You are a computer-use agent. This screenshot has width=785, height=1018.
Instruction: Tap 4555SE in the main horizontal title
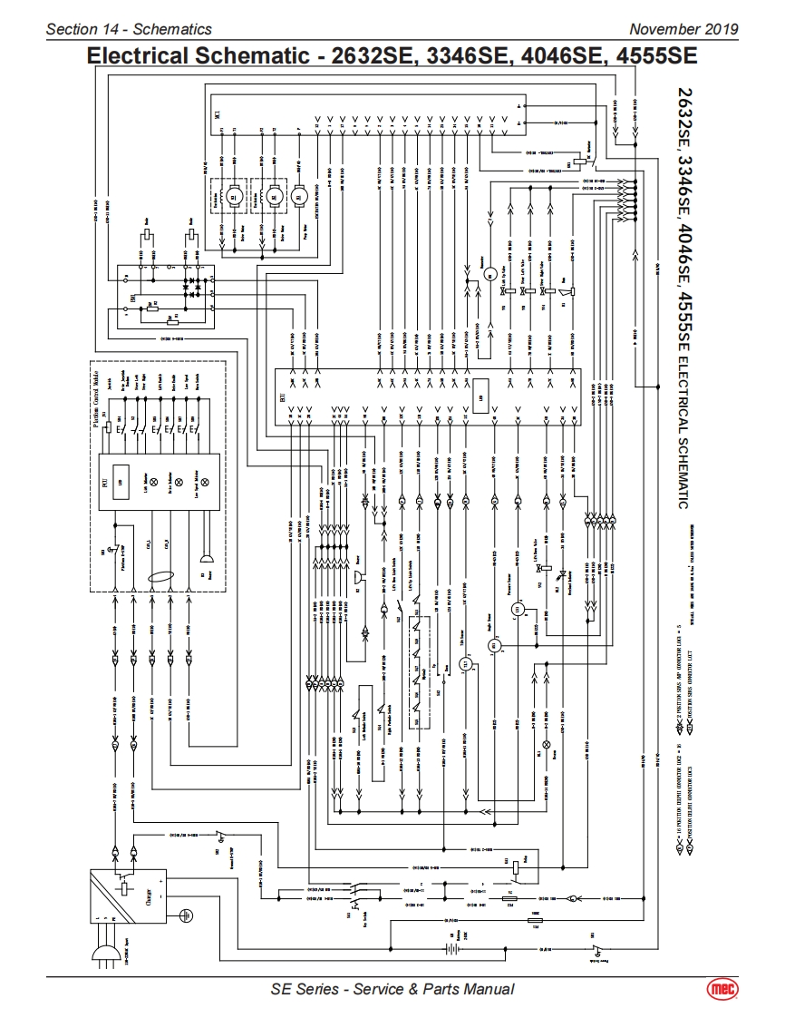[655, 56]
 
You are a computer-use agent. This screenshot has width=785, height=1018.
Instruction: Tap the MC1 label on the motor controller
[217, 113]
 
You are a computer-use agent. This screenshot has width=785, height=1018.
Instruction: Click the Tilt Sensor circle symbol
[469, 664]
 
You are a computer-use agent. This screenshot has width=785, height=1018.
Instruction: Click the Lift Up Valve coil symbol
[509, 291]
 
